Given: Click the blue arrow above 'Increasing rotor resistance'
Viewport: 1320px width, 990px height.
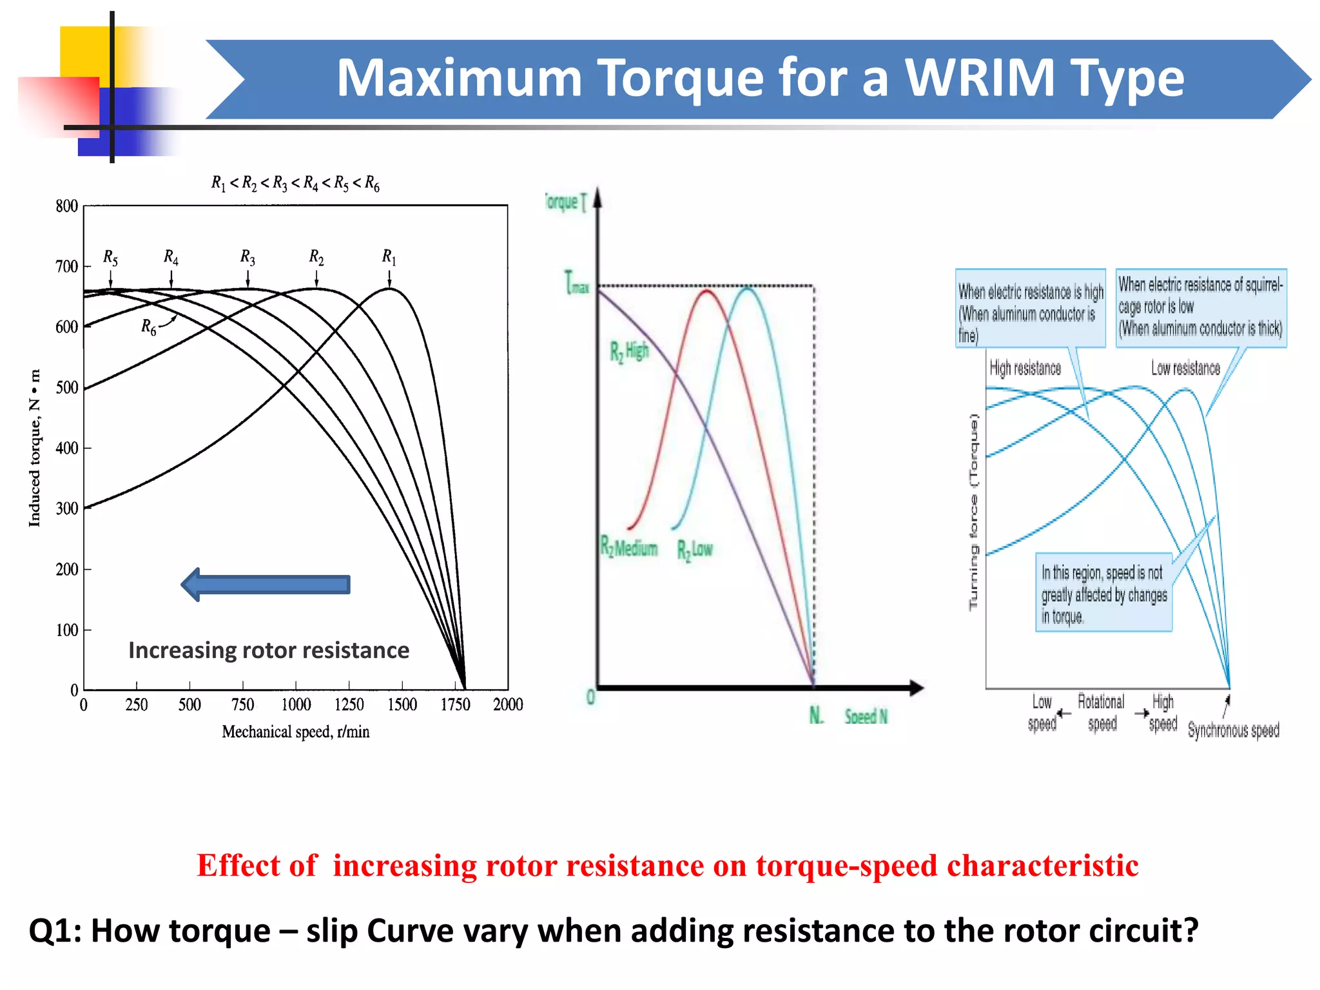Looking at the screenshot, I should tap(266, 585).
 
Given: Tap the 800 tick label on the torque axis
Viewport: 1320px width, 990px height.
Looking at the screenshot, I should tap(66, 206).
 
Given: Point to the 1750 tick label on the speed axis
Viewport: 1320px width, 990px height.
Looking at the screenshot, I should tap(455, 704).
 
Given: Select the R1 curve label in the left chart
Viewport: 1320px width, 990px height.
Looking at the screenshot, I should tap(389, 257).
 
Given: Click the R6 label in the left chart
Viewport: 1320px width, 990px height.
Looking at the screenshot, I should tap(149, 327).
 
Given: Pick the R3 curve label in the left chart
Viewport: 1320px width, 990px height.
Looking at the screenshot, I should tap(247, 257).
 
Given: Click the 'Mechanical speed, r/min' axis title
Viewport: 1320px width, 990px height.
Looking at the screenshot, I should tap(296, 732).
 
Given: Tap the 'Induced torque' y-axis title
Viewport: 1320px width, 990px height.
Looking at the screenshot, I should tap(35, 448).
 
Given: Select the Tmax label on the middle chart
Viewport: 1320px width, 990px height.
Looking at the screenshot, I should tap(577, 283).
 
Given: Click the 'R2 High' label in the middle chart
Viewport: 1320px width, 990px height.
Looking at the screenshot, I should tap(629, 352).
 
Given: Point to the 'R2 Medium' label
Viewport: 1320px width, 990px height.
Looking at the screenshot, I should tap(629, 548).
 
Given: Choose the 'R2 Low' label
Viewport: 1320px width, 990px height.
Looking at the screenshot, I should tap(695, 550).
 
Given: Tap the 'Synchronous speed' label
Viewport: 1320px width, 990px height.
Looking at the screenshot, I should tap(1233, 730).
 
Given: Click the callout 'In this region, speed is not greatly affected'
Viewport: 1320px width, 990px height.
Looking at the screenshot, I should tap(1103, 594).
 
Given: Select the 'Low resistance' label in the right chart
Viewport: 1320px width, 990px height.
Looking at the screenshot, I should tap(1185, 368).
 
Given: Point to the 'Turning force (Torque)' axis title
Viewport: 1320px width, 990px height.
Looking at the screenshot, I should tap(973, 512).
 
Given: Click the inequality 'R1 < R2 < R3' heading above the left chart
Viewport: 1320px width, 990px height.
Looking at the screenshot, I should tap(295, 184).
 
